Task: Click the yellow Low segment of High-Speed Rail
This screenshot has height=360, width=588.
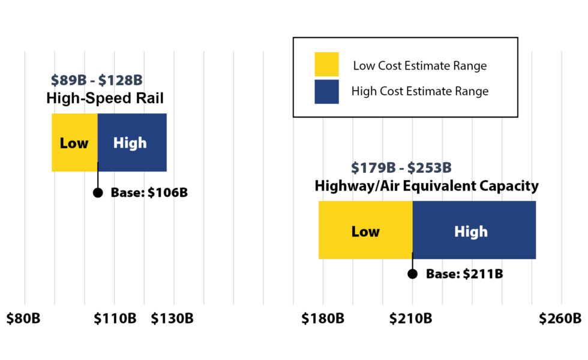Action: tap(74, 143)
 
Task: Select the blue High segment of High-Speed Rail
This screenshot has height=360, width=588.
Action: tap(131, 143)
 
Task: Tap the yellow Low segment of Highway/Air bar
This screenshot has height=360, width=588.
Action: tap(365, 230)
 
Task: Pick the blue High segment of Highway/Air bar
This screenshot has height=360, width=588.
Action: tap(473, 230)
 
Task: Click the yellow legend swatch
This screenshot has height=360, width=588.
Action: tap(326, 64)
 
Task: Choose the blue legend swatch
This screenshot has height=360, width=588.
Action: tap(326, 92)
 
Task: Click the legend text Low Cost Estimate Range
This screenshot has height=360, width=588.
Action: tap(419, 65)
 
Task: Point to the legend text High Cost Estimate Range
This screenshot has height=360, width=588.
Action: tap(420, 92)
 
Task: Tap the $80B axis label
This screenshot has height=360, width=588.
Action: tap(23, 318)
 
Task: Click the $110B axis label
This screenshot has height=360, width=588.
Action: tap(115, 318)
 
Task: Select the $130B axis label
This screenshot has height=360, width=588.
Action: tap(172, 318)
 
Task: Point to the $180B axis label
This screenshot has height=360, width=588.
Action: tap(323, 318)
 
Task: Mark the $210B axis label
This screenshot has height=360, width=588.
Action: tap(411, 318)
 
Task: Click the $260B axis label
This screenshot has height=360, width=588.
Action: tap(560, 318)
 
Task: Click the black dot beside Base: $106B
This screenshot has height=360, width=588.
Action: tap(98, 193)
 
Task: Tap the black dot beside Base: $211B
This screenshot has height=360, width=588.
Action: tap(412, 274)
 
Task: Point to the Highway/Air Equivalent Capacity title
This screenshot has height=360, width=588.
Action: tap(427, 186)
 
